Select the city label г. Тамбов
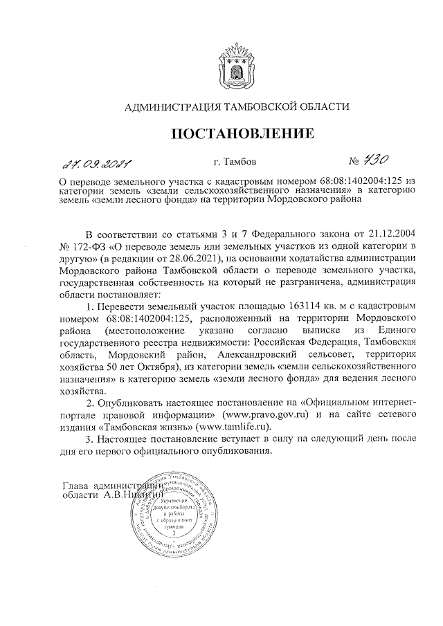235,163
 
